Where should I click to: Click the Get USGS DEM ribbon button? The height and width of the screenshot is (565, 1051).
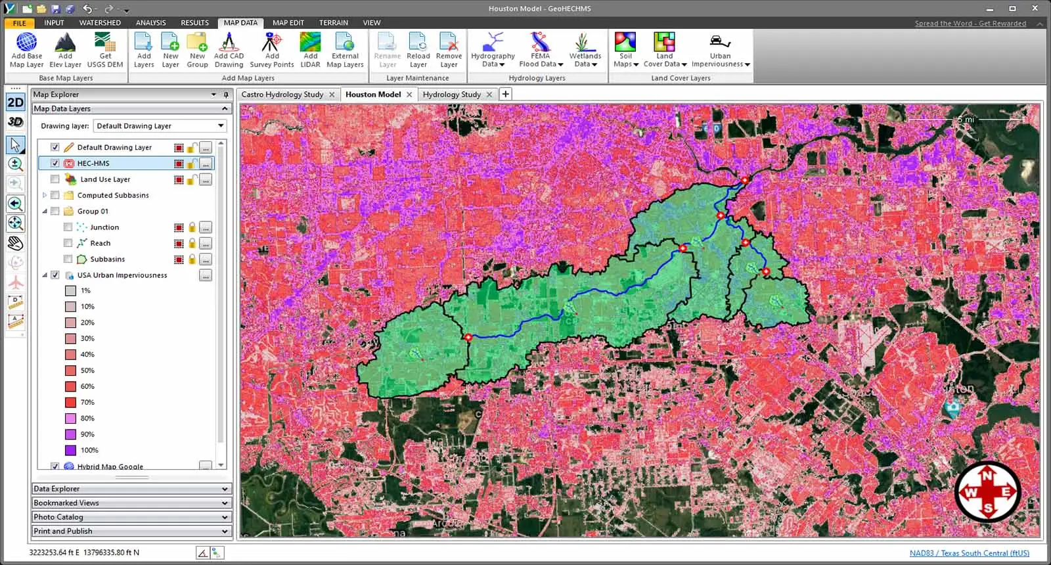pos(105,51)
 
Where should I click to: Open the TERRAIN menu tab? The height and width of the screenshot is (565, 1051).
pos(333,22)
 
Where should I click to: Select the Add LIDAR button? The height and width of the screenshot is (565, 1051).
pos(310,51)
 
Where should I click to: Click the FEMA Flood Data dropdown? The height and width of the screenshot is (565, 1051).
pos(541,51)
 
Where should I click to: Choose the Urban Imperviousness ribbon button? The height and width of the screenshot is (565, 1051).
pos(720,51)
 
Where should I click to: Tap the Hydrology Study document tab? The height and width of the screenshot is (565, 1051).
pos(452,95)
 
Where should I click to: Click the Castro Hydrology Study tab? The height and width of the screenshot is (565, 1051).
pos(282,95)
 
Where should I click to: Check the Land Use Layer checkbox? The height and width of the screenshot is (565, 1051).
pos(55,179)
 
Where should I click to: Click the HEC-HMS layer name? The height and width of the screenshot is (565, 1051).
pos(93,164)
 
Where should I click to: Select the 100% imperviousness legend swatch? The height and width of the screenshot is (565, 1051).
pos(71,451)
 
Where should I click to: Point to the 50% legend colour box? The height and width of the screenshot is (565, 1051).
pos(71,371)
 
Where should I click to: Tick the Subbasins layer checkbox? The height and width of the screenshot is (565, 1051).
pos(68,260)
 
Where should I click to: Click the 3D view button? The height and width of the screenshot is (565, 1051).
pos(15,122)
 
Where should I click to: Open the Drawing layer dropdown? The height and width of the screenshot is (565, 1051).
pos(160,126)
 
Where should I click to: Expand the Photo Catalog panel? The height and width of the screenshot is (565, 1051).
pos(131,517)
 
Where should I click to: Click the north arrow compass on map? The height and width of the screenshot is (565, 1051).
pos(987,491)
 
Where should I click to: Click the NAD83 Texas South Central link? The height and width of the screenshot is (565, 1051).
pos(969,553)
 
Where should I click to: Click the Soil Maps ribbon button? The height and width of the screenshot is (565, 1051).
pos(625,51)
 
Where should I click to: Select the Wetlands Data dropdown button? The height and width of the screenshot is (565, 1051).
pos(585,51)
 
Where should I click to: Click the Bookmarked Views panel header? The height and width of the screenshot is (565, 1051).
pos(131,503)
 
